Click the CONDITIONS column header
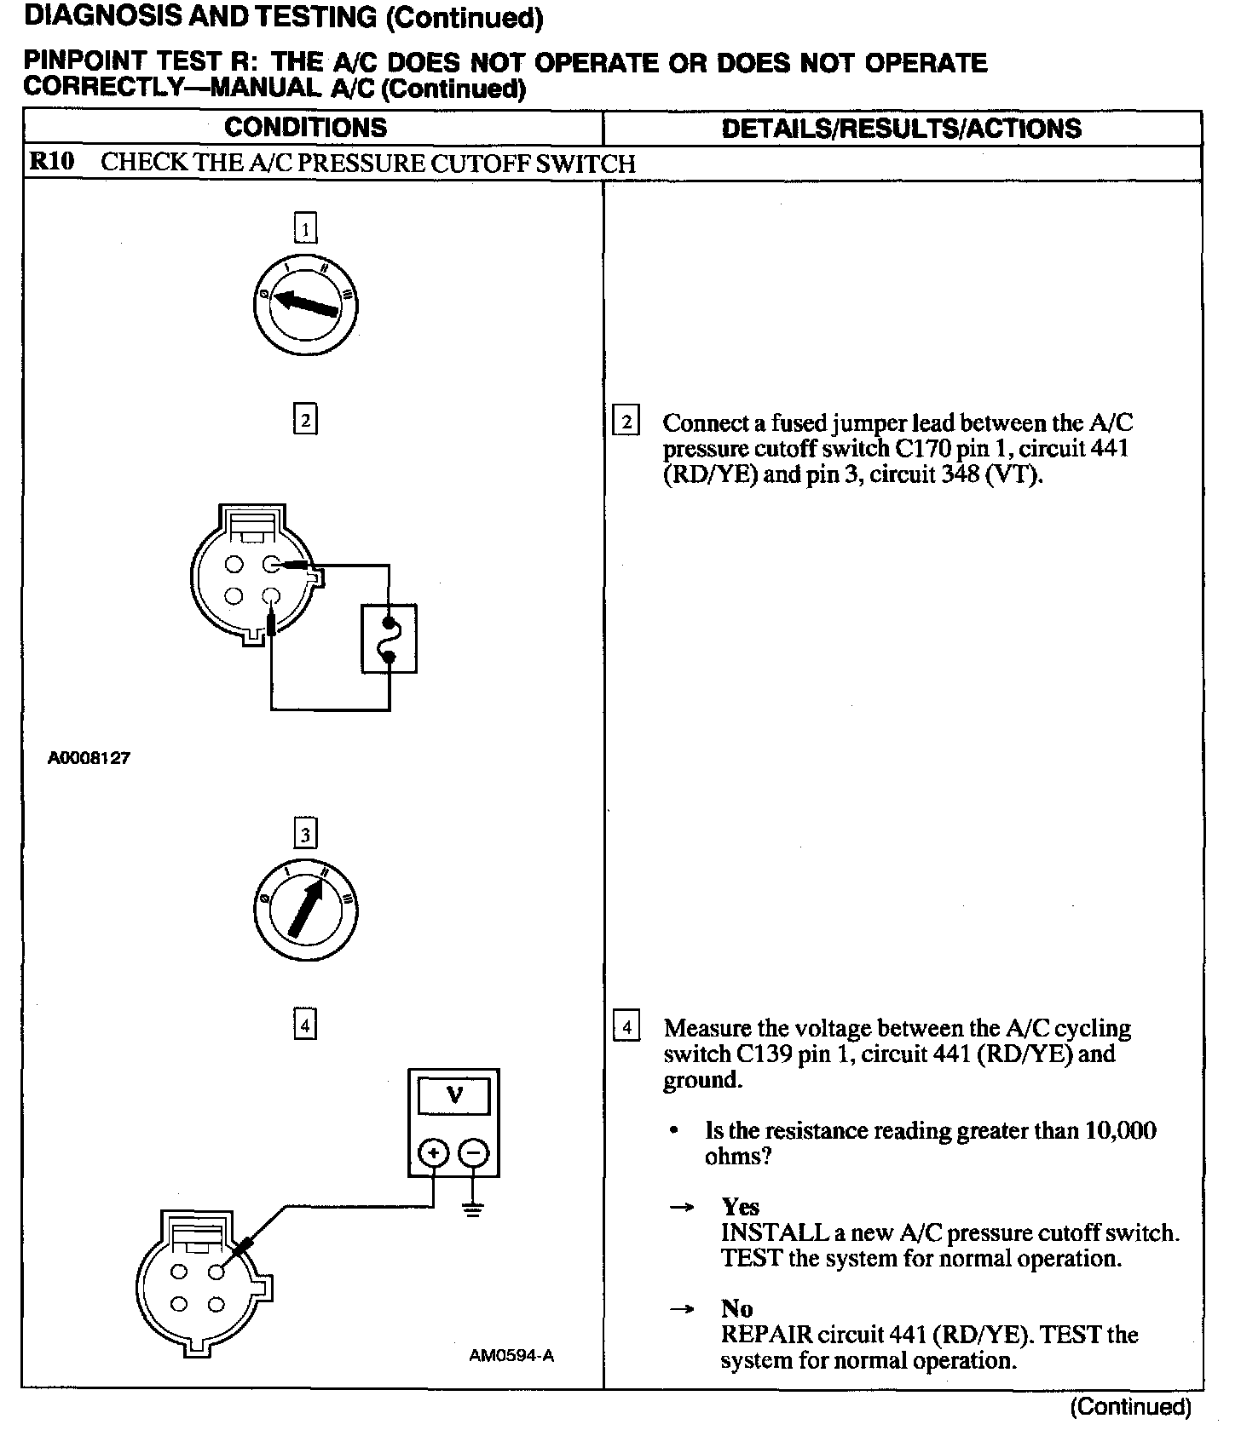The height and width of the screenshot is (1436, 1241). (x=305, y=128)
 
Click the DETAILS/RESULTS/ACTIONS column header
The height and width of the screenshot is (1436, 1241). (x=901, y=129)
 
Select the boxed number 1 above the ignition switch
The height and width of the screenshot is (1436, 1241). (x=305, y=228)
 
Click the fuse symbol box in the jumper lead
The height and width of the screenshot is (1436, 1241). (x=390, y=639)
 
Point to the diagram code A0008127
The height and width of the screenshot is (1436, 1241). (x=89, y=758)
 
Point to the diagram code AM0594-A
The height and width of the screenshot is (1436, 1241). (x=511, y=1356)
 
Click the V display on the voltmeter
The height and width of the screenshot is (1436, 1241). (x=454, y=1096)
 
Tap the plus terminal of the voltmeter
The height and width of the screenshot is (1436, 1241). (x=434, y=1154)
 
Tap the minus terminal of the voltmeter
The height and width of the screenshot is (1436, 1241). (x=474, y=1154)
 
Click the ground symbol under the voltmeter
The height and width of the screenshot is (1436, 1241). (x=474, y=1209)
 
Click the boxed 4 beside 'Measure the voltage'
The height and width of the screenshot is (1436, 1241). (x=626, y=1026)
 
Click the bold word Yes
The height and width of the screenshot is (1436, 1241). (x=740, y=1207)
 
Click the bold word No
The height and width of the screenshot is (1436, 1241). (x=736, y=1308)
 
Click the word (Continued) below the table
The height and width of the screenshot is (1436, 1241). (x=1130, y=1407)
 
